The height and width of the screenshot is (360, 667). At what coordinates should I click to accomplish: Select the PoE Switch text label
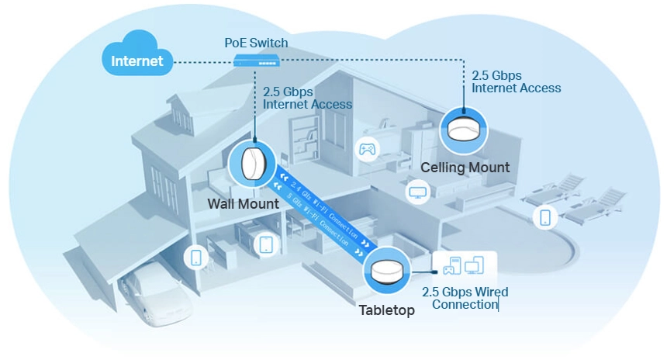255,43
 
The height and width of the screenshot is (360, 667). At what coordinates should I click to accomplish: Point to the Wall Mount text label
243,204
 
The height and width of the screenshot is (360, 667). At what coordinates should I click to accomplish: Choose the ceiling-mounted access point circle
465,130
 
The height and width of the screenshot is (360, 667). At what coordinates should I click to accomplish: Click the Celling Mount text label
465,168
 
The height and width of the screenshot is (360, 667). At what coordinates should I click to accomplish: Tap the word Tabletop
386,310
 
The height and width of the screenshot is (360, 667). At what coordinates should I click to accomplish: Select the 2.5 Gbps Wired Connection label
465,299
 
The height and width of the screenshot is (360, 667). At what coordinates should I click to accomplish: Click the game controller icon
366,148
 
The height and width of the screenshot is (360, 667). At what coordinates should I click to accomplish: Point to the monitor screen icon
418,191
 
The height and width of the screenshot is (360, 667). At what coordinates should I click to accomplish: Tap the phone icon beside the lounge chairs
545,217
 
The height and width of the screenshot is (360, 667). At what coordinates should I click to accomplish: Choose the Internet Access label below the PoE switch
307,98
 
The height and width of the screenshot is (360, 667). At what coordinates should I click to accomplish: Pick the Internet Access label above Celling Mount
516,82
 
